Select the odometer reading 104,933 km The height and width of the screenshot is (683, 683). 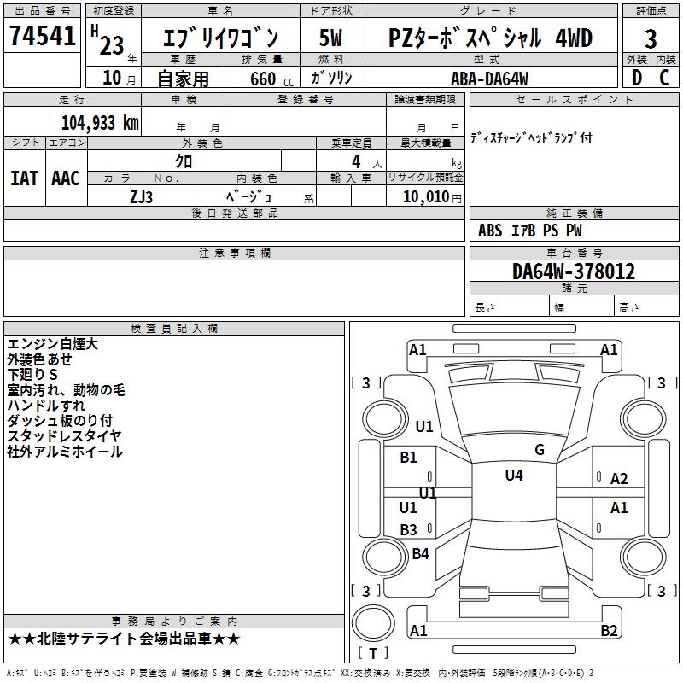(100, 122)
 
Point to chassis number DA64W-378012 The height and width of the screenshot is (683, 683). (574, 271)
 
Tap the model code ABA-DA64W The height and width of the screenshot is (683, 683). (489, 79)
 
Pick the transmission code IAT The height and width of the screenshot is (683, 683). (24, 178)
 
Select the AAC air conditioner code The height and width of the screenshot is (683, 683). (65, 178)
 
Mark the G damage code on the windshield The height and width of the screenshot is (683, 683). (540, 449)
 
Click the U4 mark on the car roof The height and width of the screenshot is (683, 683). (514, 476)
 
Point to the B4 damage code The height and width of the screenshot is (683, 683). (420, 554)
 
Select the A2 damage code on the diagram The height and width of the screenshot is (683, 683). (619, 479)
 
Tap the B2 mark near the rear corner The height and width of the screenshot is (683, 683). (609, 631)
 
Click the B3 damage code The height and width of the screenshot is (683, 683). (409, 529)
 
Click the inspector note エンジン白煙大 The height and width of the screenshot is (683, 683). (53, 344)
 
